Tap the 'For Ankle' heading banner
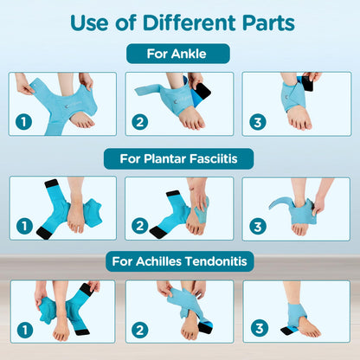tap(179, 54)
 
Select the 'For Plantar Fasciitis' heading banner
tap(179, 159)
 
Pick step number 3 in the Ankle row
tap(257, 122)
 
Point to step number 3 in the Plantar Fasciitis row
tap(257, 226)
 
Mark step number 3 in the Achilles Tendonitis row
tap(257, 329)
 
